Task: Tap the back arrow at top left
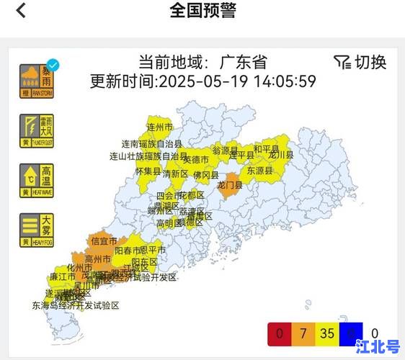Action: click(x=21, y=11)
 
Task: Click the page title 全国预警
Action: click(x=202, y=11)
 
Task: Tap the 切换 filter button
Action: click(x=360, y=62)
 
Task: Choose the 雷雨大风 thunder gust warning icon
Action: click(x=36, y=130)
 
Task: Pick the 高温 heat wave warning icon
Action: click(x=36, y=181)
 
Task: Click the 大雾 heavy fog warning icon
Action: click(x=36, y=230)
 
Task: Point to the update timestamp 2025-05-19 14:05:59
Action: click(x=237, y=81)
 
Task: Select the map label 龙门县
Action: click(x=230, y=185)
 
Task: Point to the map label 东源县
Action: click(x=260, y=171)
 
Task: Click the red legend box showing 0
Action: click(x=279, y=334)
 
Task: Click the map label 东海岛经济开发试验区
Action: click(x=75, y=305)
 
